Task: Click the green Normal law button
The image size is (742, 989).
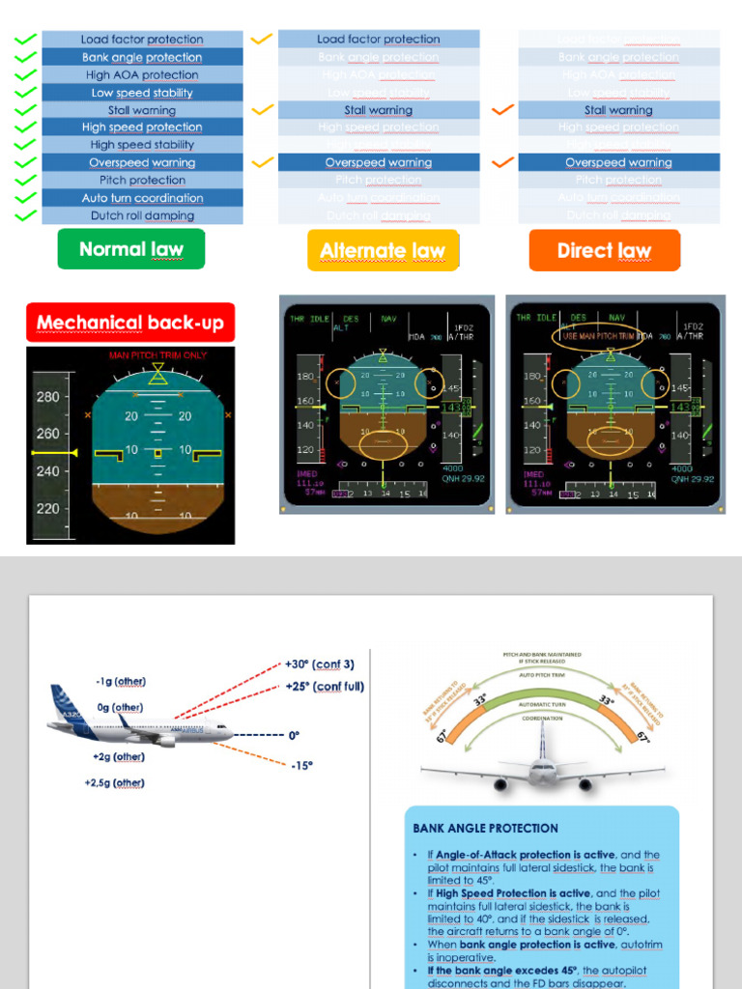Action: (x=131, y=249)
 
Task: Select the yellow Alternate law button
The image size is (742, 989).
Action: (x=383, y=251)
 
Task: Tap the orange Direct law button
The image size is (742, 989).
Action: (x=604, y=251)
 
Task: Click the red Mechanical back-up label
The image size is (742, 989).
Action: (x=130, y=323)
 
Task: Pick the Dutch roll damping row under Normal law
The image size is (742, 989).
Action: (x=142, y=215)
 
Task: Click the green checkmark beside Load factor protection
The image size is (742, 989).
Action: (x=26, y=40)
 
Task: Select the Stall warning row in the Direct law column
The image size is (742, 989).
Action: (x=618, y=110)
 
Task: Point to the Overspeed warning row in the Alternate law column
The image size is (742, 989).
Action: (x=379, y=162)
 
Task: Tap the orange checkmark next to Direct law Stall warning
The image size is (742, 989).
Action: (x=502, y=110)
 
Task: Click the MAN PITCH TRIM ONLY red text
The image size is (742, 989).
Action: (x=157, y=355)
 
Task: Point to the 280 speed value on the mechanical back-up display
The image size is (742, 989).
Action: (x=47, y=397)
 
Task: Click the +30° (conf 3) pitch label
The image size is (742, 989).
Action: (x=320, y=664)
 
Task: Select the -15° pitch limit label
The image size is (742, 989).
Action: (x=301, y=765)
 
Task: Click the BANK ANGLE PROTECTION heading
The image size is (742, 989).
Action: (x=486, y=828)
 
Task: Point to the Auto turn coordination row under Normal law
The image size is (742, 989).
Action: (x=142, y=198)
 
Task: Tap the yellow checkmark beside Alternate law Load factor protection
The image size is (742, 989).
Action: (x=262, y=40)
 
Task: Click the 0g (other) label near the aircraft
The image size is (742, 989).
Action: (x=120, y=708)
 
